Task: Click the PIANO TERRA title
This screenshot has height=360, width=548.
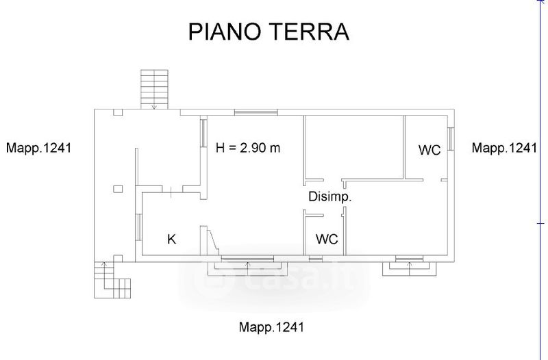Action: point(269,31)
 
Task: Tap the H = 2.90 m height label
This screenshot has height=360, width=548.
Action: point(248,148)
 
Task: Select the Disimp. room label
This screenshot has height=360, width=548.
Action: point(329,197)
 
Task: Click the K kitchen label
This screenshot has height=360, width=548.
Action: point(172,239)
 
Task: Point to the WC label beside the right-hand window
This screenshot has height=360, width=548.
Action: point(429,150)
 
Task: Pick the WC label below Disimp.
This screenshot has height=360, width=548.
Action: point(327,239)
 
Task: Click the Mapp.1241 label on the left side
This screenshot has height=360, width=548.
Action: point(38,148)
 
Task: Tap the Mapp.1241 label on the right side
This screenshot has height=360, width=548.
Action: point(504,148)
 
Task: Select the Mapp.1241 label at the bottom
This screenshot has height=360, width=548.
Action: point(271,327)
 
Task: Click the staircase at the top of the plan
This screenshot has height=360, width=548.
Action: point(155,90)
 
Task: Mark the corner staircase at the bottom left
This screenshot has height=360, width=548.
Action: point(112,280)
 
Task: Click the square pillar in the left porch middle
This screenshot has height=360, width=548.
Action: point(118,189)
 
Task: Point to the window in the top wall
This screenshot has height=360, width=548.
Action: point(256,112)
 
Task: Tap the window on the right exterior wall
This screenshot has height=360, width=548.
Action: point(451,139)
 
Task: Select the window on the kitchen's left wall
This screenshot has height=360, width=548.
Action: point(138,227)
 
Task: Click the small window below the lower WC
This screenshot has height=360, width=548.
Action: point(316,259)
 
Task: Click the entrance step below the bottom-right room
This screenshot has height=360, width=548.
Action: point(409,268)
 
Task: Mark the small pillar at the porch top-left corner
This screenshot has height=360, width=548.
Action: point(118,112)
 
